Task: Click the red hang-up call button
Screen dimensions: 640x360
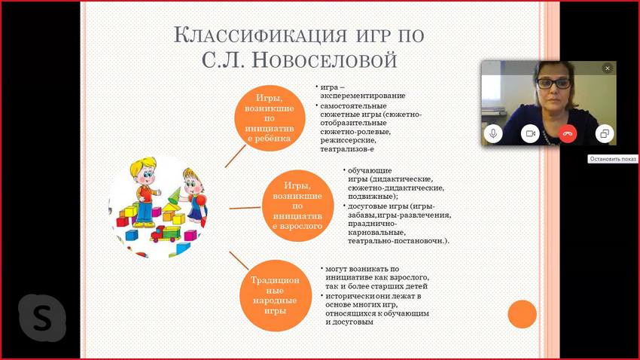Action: point(568,133)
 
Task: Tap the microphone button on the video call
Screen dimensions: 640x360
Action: point(493,133)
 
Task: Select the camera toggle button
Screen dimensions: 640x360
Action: point(530,133)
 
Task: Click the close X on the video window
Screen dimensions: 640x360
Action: point(608,69)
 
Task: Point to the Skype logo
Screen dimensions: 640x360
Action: point(42,318)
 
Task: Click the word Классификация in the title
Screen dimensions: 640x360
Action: point(260,35)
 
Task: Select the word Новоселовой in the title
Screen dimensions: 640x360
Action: point(324,60)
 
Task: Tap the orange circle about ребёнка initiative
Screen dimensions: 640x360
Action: point(270,118)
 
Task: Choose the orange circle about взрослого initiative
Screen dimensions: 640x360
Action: point(297,206)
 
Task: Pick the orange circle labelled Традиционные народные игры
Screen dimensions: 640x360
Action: point(275,295)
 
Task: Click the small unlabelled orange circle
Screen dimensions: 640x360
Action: point(522,314)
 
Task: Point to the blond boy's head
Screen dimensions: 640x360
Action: point(143,171)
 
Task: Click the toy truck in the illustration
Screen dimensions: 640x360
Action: point(166,234)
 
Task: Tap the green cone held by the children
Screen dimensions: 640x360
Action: point(174,196)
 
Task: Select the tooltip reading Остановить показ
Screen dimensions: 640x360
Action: point(613,159)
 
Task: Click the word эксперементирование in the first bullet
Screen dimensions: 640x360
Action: point(362,96)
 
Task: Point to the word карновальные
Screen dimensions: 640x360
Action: point(376,232)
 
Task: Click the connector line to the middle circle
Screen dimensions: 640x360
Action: point(245,208)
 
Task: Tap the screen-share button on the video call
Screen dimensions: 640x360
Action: point(605,133)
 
